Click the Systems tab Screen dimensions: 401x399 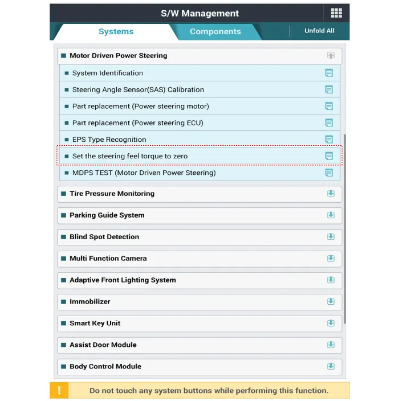(116, 31)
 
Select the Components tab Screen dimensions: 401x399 (215, 31)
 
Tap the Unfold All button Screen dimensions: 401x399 (319, 31)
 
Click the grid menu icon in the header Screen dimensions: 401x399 (336, 13)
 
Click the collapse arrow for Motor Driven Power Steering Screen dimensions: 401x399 (331, 56)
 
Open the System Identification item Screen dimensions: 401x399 (108, 73)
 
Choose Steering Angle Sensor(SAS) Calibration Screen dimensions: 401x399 (138, 89)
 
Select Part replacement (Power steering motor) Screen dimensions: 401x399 (140, 106)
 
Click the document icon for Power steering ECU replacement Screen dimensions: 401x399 (329, 122)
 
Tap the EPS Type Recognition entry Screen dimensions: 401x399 (109, 140)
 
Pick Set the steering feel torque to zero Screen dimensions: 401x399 (130, 156)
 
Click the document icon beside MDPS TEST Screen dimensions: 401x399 (329, 173)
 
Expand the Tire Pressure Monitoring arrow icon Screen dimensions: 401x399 (331, 194)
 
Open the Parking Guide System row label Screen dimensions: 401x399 (107, 215)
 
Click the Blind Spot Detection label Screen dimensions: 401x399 (104, 237)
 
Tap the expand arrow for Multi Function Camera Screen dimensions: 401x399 (331, 259)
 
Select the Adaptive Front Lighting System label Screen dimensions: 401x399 (123, 280)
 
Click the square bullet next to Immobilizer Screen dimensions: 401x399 (64, 302)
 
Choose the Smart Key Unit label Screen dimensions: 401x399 (95, 324)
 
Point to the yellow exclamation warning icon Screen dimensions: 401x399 (59, 391)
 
